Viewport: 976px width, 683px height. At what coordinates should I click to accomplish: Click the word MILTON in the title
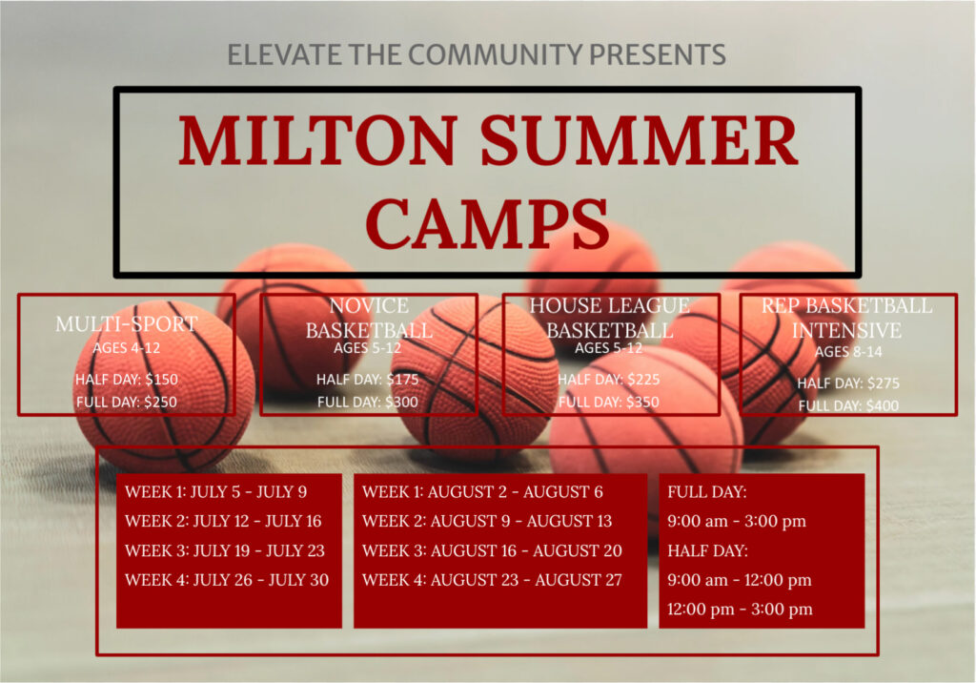click(x=318, y=140)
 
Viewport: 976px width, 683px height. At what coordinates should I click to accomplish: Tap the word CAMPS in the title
click(x=487, y=223)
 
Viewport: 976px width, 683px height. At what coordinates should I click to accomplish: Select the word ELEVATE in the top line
click(x=284, y=54)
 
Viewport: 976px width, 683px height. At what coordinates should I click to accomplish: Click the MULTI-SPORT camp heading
click(x=127, y=324)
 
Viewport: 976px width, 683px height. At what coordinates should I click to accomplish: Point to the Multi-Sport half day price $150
click(x=161, y=379)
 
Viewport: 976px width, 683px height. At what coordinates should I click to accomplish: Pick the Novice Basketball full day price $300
click(x=401, y=402)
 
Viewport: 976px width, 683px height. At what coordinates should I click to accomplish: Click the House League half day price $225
click(x=643, y=379)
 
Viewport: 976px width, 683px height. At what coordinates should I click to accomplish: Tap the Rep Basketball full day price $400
click(x=883, y=405)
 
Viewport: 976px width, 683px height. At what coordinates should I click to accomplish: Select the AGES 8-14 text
click(x=848, y=352)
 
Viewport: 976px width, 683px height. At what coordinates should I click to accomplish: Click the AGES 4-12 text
click(x=127, y=348)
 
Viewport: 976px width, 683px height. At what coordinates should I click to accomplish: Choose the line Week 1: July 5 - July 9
click(x=216, y=491)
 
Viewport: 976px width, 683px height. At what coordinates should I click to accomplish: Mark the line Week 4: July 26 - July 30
click(x=227, y=580)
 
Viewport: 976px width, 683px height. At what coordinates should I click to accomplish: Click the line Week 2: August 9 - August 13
click(x=487, y=521)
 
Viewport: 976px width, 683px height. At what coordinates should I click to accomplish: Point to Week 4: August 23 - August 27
click(x=492, y=580)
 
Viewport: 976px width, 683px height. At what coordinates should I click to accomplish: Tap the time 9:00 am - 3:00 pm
click(x=737, y=521)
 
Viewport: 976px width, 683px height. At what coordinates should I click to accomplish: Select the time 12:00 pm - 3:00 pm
click(x=740, y=609)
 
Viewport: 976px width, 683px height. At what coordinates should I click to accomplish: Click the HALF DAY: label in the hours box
click(x=708, y=551)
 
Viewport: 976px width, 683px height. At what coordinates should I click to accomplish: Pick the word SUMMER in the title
click(x=639, y=140)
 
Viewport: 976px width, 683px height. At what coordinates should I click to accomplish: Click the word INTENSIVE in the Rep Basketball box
click(x=846, y=330)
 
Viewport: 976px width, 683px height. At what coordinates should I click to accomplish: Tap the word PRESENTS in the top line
click(x=658, y=54)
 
